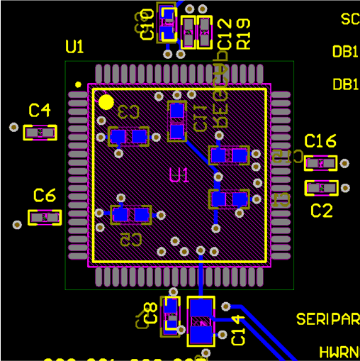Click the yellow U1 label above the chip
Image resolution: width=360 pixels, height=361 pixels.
74,48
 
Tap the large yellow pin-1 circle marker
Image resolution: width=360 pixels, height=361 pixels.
106,102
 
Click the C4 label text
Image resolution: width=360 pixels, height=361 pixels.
40,110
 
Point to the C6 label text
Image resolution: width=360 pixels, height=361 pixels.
45,195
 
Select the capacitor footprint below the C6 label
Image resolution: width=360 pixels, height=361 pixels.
45,218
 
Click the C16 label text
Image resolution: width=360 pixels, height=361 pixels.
320,141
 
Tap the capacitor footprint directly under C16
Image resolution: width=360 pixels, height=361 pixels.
321,163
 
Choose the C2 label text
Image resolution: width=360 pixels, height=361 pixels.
322,211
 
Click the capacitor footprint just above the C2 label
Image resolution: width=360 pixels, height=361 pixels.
321,188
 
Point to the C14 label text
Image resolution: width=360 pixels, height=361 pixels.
237,330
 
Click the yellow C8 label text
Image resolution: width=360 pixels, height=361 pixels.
150,313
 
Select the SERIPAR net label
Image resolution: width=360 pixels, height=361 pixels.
327,318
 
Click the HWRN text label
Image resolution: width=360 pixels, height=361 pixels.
339,352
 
